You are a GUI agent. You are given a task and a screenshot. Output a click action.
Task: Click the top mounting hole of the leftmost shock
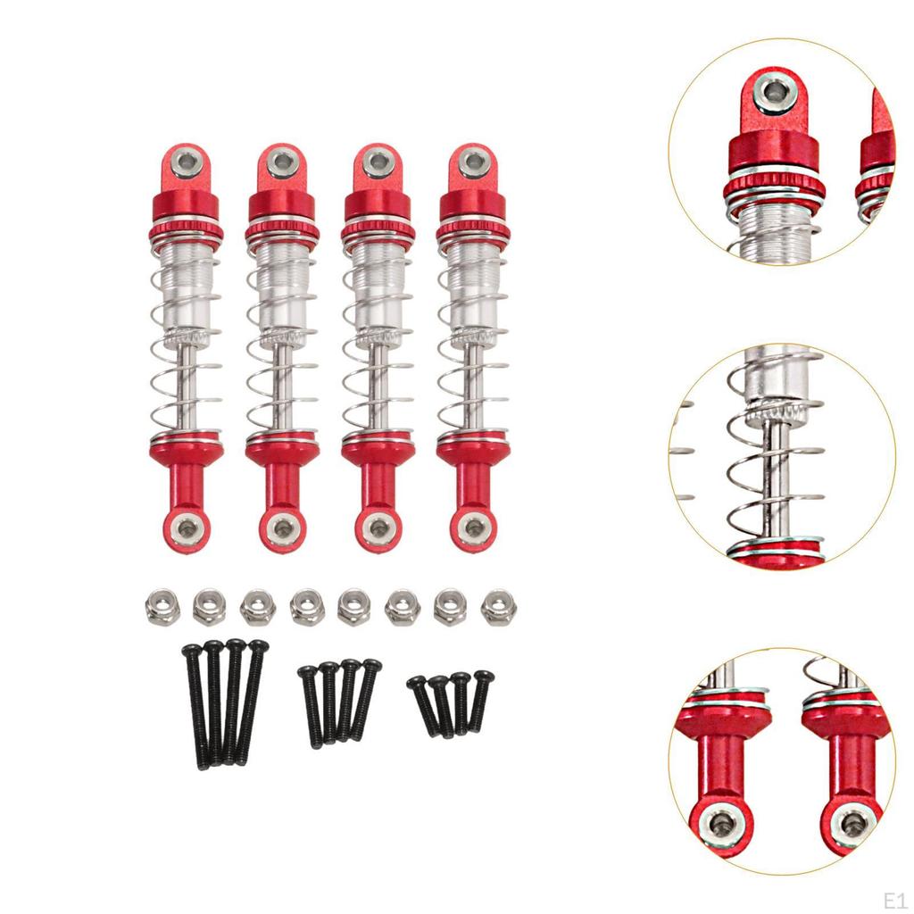click(x=187, y=161)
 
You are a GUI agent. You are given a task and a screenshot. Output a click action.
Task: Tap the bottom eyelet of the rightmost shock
click(x=473, y=528)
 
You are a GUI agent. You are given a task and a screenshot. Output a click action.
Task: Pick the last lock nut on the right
click(x=498, y=607)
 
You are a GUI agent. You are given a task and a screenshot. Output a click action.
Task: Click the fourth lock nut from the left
click(x=306, y=606)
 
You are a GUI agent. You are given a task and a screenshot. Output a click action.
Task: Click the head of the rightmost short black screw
click(x=484, y=677)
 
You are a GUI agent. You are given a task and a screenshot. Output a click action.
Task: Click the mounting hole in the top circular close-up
click(x=775, y=92)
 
